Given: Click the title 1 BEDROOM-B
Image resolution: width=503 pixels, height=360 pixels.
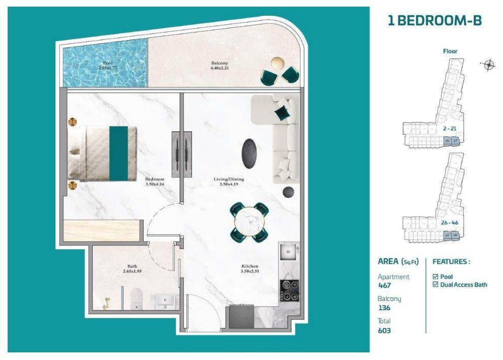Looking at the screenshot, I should pyautogui.click(x=434, y=21).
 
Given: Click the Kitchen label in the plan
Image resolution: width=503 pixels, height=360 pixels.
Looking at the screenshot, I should pyautogui.click(x=249, y=268).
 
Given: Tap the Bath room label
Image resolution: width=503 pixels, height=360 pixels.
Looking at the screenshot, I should pyautogui.click(x=132, y=268).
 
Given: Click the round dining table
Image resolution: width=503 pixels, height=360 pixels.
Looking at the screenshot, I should pyautogui.click(x=249, y=221).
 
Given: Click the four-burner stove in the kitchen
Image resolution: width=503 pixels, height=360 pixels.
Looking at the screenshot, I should pyautogui.click(x=289, y=290).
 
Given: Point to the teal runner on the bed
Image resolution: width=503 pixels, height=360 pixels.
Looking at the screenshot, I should pyautogui.click(x=118, y=153).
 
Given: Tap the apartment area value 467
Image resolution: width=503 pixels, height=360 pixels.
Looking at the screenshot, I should pyautogui.click(x=385, y=286).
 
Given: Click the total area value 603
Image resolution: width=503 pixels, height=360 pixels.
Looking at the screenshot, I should pyautogui.click(x=385, y=331).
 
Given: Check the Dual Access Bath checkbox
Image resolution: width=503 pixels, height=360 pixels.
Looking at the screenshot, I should pyautogui.click(x=435, y=285).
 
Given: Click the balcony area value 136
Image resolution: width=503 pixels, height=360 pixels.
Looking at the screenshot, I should pyautogui.click(x=384, y=308).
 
